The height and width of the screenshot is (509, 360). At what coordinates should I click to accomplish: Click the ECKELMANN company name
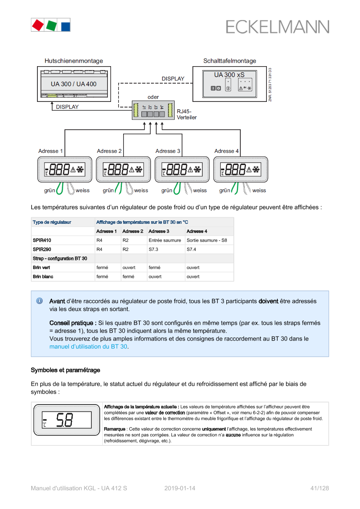click(x=277, y=27)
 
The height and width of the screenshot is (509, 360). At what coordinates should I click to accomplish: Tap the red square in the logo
click(x=37, y=25)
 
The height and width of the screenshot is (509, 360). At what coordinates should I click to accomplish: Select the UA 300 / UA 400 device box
click(x=74, y=84)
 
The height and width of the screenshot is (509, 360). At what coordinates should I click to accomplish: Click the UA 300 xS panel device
click(x=229, y=84)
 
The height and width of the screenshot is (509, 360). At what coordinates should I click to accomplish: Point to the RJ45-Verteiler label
click(x=186, y=115)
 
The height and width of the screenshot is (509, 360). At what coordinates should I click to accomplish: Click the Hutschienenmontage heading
click(x=74, y=61)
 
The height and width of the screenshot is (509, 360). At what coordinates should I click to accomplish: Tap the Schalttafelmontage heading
click(x=229, y=61)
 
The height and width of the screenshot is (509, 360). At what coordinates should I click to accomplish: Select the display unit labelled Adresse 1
click(x=64, y=169)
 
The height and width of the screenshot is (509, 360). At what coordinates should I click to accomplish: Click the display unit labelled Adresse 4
click(x=241, y=169)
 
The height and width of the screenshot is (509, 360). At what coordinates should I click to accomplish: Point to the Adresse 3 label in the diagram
click(x=168, y=151)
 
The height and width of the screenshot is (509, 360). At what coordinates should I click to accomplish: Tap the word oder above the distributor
click(x=153, y=97)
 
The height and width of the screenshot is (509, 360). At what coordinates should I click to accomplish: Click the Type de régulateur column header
click(x=52, y=222)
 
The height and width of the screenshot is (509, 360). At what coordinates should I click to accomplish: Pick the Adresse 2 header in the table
click(x=133, y=231)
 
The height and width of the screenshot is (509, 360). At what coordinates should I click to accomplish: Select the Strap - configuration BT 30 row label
click(x=60, y=259)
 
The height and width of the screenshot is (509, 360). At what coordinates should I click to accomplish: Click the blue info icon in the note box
click(x=39, y=301)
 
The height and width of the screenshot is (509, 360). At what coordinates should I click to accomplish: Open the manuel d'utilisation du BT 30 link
click(x=88, y=347)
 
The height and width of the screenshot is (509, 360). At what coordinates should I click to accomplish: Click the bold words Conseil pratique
click(x=73, y=323)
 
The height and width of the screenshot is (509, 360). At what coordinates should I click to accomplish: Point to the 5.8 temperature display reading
click(x=65, y=420)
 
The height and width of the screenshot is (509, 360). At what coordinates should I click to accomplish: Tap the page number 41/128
click(x=320, y=488)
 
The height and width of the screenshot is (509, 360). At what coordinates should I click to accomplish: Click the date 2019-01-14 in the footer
click(x=180, y=488)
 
